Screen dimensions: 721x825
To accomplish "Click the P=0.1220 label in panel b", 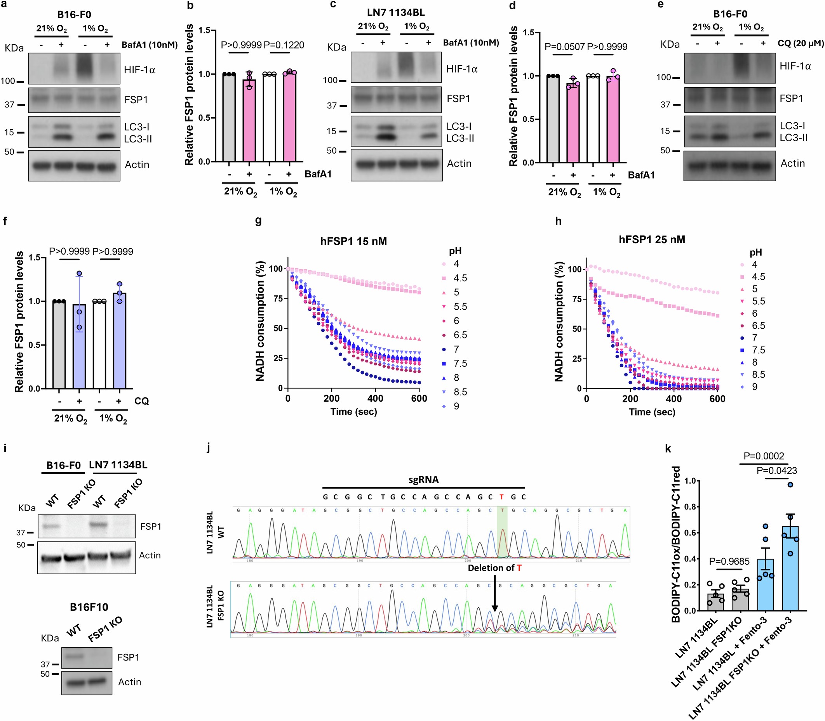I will click(x=284, y=45).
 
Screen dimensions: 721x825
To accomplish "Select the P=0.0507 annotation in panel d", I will click(x=564, y=47).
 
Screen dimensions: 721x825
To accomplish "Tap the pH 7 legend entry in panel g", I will click(x=456, y=349).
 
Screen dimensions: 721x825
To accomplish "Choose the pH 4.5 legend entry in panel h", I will click(x=758, y=277).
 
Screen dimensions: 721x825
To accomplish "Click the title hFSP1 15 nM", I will click(x=353, y=241).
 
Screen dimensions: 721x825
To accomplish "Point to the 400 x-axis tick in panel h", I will click(x=674, y=399).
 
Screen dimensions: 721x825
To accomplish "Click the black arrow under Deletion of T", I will click(x=495, y=592).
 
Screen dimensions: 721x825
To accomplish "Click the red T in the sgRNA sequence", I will click(x=502, y=497).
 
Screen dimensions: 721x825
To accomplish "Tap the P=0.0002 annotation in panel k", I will click(x=763, y=456).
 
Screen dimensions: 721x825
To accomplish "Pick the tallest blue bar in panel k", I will click(x=790, y=568).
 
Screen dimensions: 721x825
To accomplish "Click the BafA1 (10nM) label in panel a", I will click(x=150, y=45).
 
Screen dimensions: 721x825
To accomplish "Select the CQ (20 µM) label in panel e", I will click(x=801, y=43).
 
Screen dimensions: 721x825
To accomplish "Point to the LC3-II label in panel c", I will click(x=460, y=139).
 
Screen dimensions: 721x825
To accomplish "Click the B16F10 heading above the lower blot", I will click(x=89, y=607).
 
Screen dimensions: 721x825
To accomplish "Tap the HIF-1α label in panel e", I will click(x=795, y=66).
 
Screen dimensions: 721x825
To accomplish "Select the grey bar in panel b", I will click(x=229, y=118).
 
